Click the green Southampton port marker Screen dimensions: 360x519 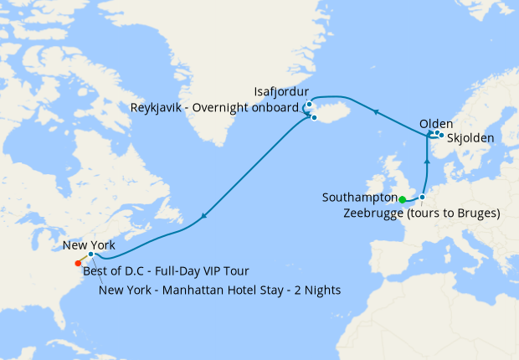402,199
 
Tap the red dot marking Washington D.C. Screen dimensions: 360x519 78,263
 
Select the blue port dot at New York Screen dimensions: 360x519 91,254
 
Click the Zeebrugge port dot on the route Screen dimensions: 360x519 423,198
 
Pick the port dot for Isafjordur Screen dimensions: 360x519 309,105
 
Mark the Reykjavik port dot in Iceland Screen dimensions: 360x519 314,117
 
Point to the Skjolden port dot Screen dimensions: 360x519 441,135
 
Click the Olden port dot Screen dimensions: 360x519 436,132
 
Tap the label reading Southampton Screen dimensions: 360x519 359,198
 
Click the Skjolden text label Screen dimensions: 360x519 470,137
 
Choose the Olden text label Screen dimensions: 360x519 436,123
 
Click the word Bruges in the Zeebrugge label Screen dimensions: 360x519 478,213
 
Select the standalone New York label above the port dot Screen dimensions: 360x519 89,245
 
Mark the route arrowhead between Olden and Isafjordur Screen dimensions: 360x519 376,111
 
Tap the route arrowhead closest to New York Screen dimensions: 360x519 203,219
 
